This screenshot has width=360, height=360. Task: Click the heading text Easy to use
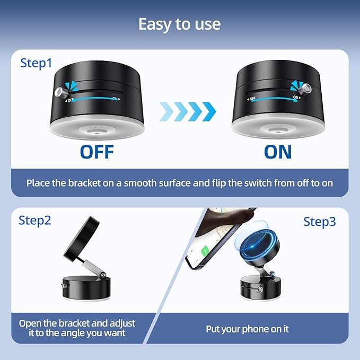[x=180, y=24]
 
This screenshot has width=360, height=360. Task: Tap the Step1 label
[x=36, y=63]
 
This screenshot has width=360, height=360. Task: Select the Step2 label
[x=35, y=220]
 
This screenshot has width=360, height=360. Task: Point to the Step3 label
[x=320, y=222]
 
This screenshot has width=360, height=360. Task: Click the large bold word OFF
[x=97, y=152]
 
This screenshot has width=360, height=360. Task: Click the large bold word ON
[x=278, y=152]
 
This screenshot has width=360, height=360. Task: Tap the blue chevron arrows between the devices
[x=188, y=110]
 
